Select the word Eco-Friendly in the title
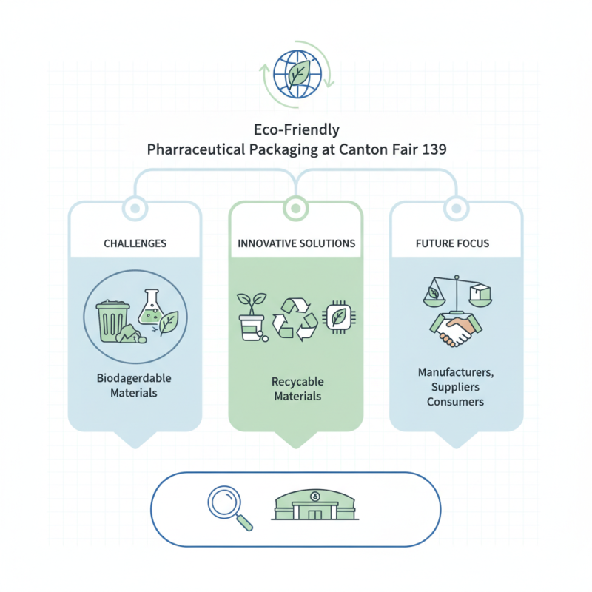(295, 129)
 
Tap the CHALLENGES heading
(135, 243)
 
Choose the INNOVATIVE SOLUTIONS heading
(296, 243)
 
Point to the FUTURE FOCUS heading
(452, 243)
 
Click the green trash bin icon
(113, 317)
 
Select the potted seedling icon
(252, 316)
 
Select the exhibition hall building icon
(316, 505)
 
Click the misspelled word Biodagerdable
(134, 378)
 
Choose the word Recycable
(297, 382)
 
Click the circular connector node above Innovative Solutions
(296, 208)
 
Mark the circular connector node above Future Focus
(457, 208)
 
